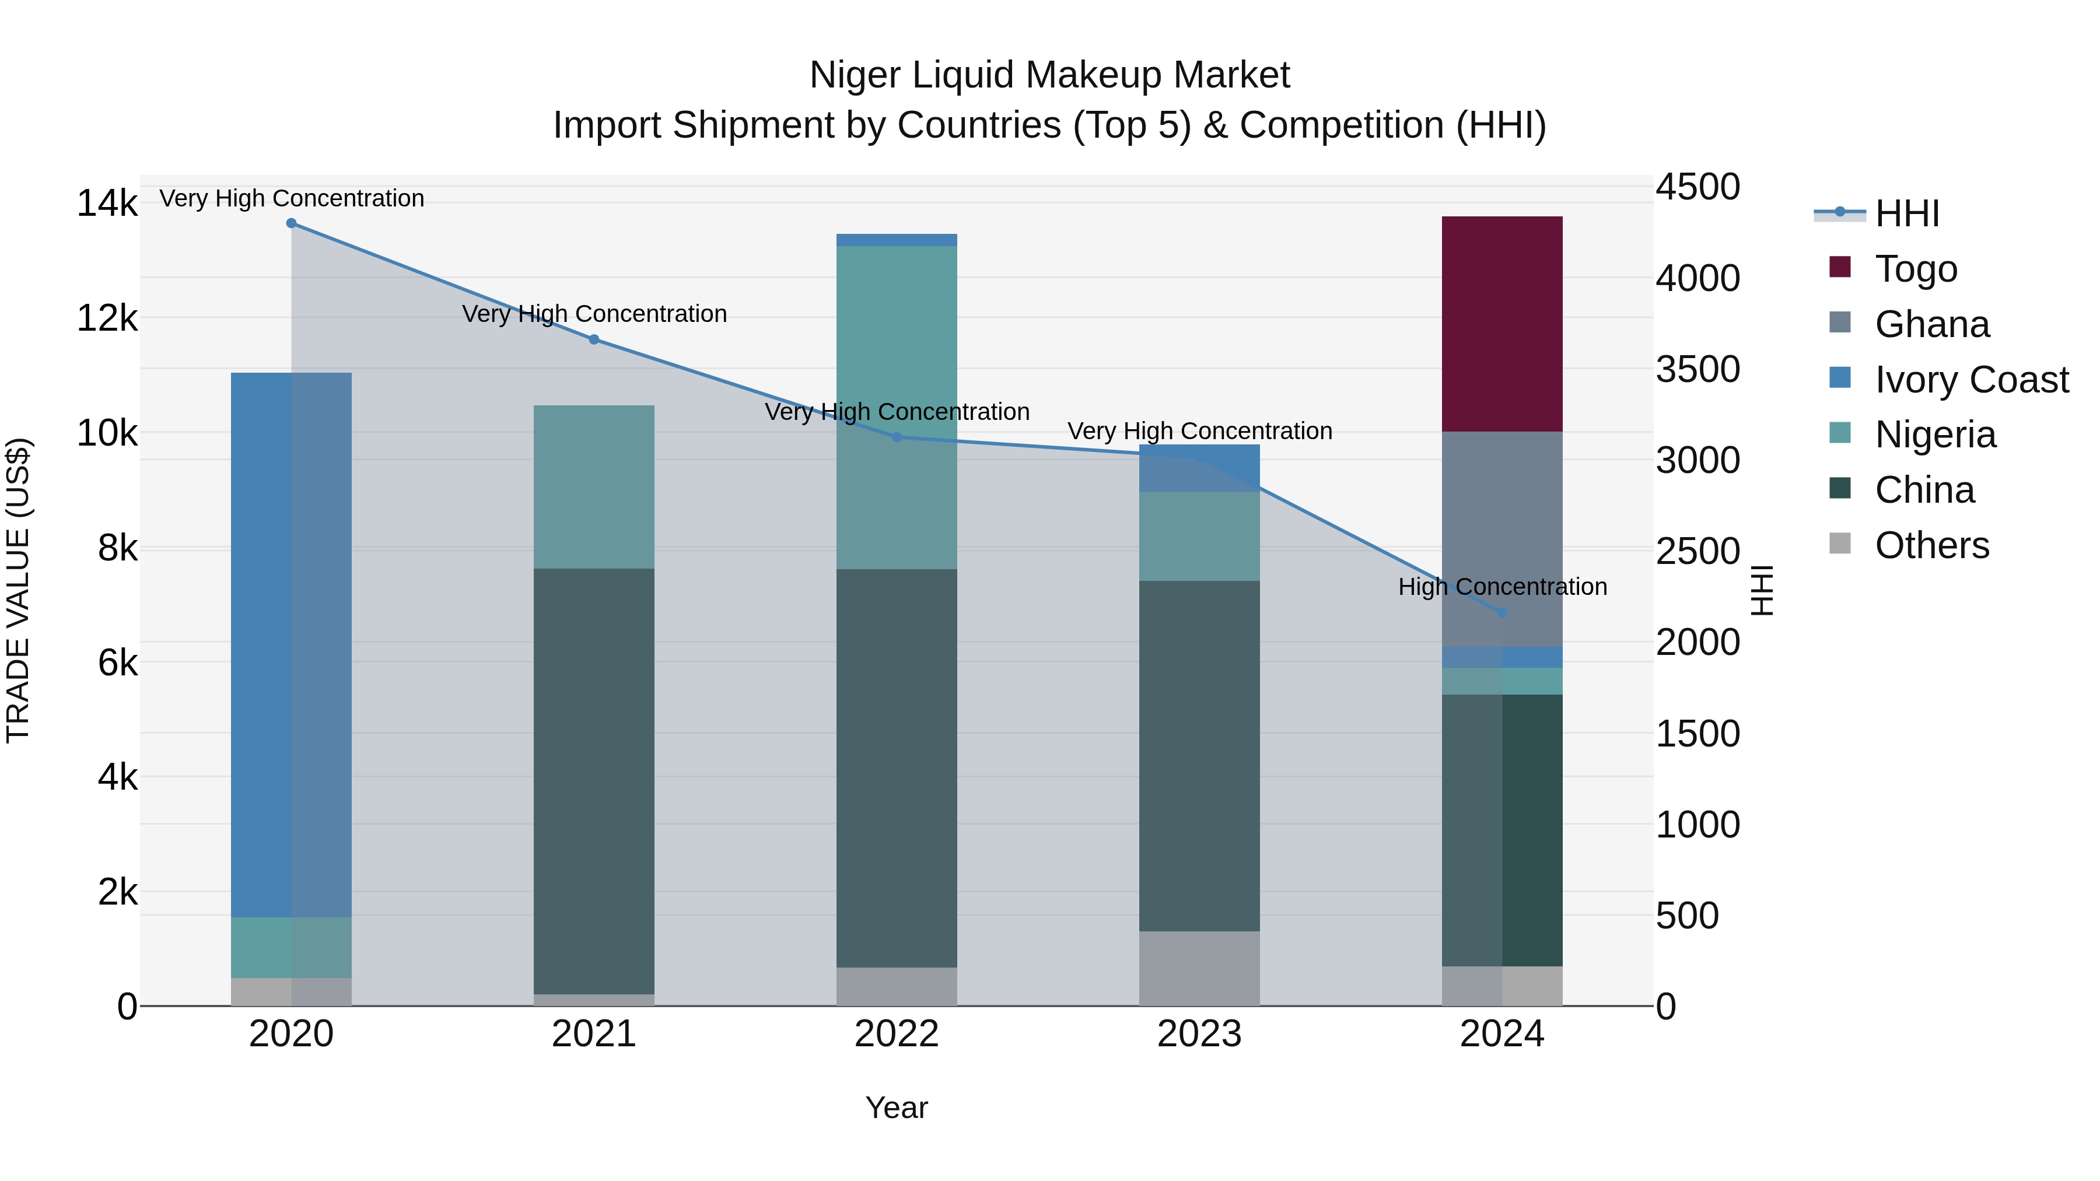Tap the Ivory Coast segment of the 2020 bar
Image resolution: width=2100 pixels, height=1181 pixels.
coord(291,644)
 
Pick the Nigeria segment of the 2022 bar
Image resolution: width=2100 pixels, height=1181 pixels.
coord(896,408)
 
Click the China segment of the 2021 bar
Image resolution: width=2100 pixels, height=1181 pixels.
coord(593,781)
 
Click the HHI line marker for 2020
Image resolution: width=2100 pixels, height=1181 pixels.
coord(291,223)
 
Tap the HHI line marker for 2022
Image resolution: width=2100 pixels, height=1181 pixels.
coord(896,437)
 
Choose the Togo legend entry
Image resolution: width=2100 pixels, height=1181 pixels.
coord(1915,269)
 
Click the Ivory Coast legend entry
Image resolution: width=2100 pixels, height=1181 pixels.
coord(1971,380)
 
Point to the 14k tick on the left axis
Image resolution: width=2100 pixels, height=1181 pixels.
coord(107,203)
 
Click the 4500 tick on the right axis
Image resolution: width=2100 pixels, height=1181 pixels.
coord(1697,187)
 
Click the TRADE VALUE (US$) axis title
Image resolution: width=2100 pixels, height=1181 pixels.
coord(18,590)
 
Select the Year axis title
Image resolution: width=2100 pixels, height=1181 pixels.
coord(896,1108)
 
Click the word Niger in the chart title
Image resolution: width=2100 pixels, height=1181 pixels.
coord(855,75)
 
